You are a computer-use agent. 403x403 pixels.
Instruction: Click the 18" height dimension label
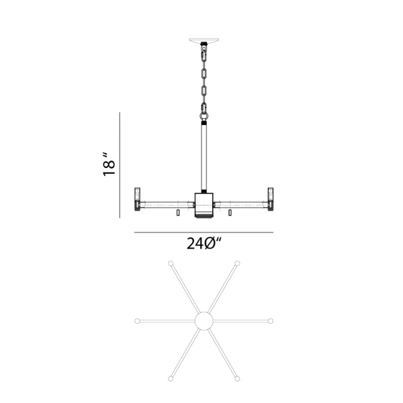pos(109,165)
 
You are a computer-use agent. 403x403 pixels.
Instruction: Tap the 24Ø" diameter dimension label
pos(204,243)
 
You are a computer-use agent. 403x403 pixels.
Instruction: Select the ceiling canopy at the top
pos(204,41)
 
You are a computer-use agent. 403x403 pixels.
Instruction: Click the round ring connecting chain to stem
pos(204,116)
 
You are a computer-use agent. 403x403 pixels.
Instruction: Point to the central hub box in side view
pos(204,203)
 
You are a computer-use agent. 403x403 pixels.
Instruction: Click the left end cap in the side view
pos(138,199)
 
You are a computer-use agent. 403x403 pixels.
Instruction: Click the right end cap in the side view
pos(271,199)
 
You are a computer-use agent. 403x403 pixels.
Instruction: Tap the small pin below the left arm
pos(178,212)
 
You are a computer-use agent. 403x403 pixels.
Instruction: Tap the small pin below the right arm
pos(230,212)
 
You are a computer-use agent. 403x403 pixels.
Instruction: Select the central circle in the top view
pos(204,321)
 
